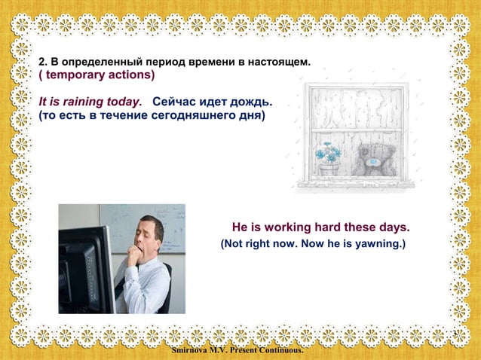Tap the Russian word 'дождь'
[253, 102]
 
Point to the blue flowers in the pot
[328, 153]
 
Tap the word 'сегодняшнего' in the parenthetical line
[185, 117]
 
